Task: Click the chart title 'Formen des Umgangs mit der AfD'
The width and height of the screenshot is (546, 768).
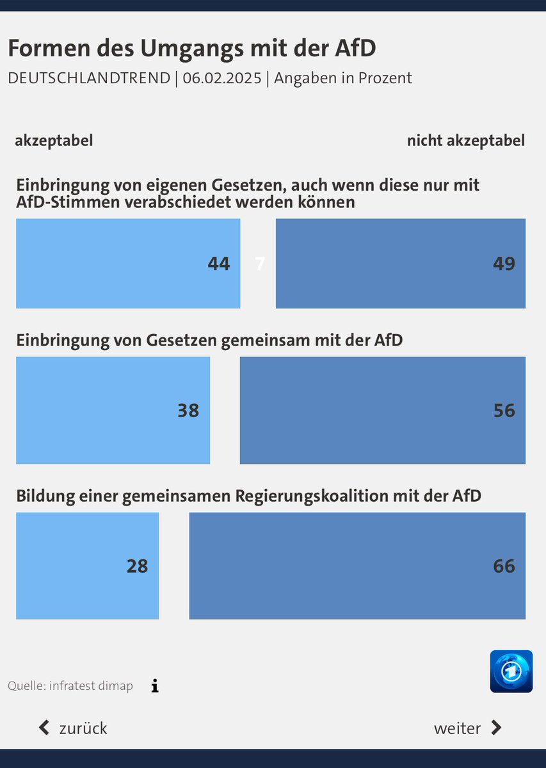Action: pyautogui.click(x=191, y=49)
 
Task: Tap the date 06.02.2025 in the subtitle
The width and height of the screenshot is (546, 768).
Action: pyautogui.click(x=222, y=79)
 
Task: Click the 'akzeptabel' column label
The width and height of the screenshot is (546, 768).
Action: pyautogui.click(x=54, y=140)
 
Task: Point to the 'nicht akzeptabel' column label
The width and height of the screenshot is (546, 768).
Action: pyautogui.click(x=465, y=140)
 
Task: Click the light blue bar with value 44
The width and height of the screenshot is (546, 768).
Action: pyautogui.click(x=128, y=264)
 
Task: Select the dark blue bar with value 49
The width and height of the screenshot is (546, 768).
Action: pyautogui.click(x=400, y=264)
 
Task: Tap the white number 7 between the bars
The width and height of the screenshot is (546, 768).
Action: pyautogui.click(x=259, y=264)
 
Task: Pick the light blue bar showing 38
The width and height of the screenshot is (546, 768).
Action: pyautogui.click(x=113, y=410)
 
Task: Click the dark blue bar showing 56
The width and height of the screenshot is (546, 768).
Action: pyautogui.click(x=382, y=410)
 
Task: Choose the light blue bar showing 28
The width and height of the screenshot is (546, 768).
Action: pyautogui.click(x=87, y=566)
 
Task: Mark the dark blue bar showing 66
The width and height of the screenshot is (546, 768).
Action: pyautogui.click(x=357, y=566)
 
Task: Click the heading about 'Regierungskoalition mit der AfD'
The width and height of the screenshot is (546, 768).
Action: pyautogui.click(x=248, y=495)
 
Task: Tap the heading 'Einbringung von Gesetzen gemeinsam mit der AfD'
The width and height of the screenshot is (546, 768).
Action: pyautogui.click(x=209, y=340)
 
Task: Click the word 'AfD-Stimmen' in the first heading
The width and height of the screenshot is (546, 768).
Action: pyautogui.click(x=60, y=203)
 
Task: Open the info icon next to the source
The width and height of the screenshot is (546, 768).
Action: pyautogui.click(x=154, y=686)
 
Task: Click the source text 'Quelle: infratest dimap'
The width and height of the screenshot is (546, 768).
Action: pyautogui.click(x=70, y=686)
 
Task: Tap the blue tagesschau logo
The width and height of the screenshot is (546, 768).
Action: pyautogui.click(x=511, y=671)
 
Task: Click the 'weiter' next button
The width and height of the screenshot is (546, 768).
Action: pyautogui.click(x=467, y=728)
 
